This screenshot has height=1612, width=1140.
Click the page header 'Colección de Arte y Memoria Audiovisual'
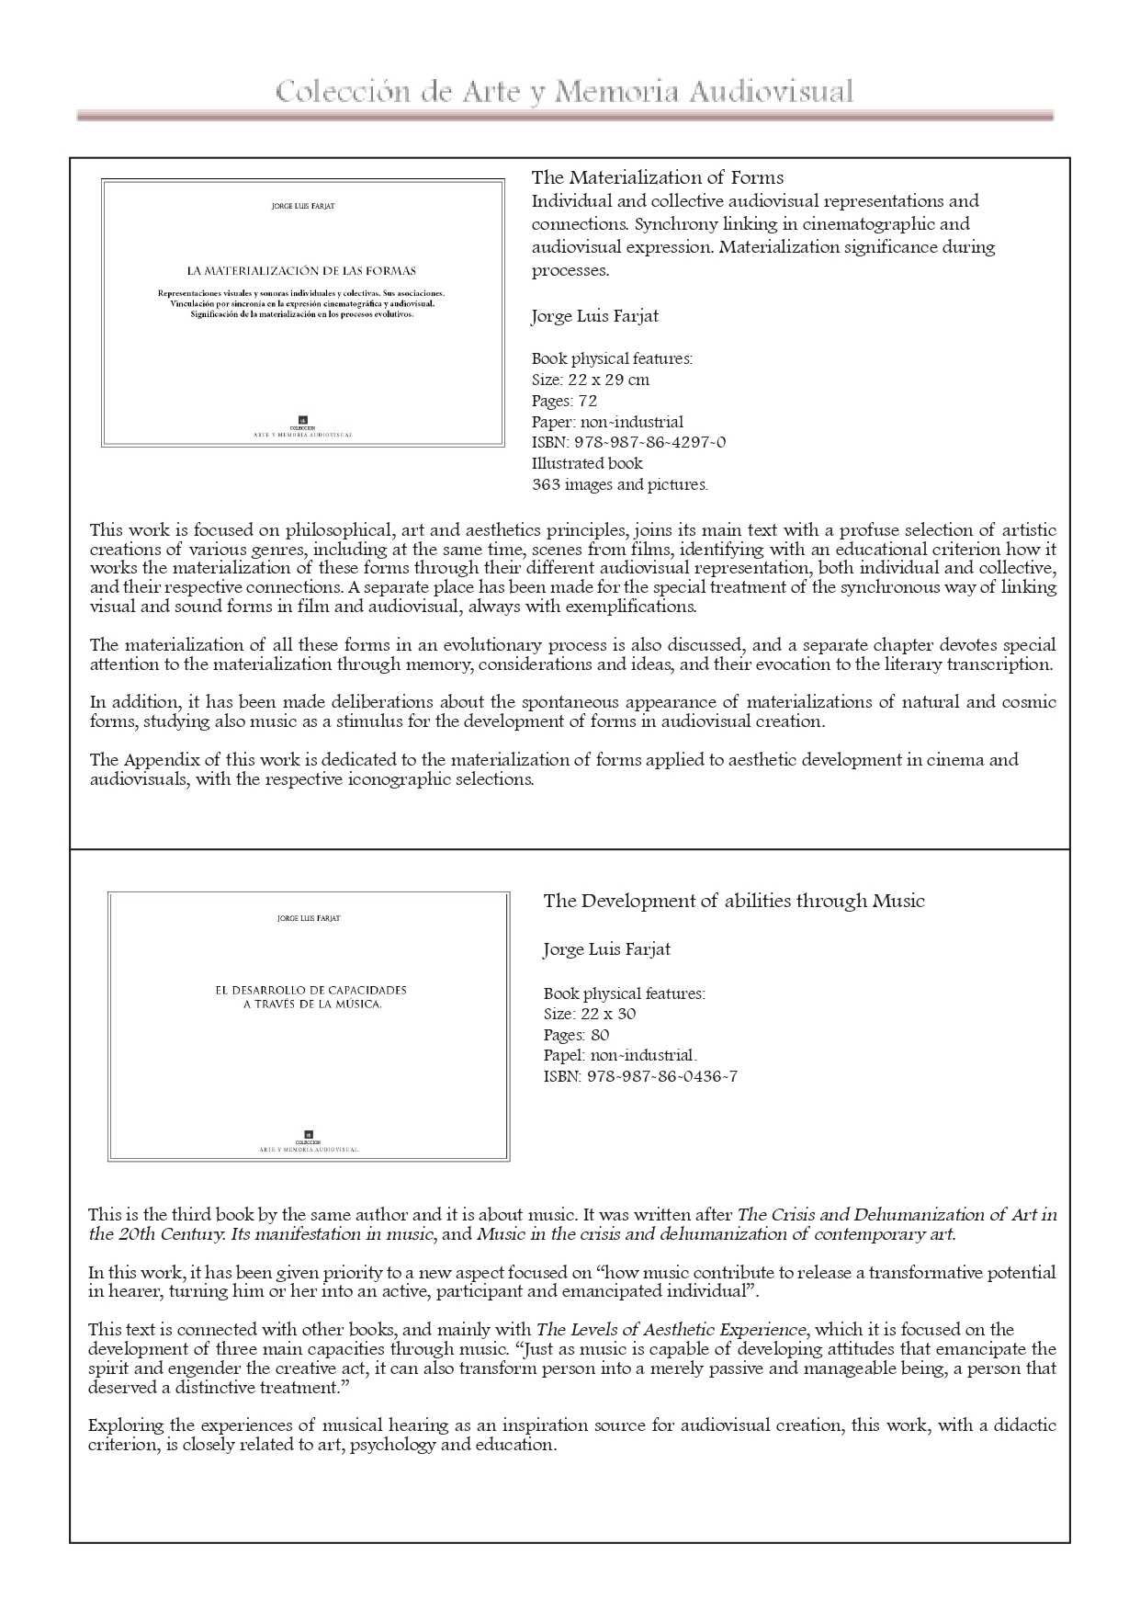coord(564,93)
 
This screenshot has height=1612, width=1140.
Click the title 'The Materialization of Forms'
coord(657,177)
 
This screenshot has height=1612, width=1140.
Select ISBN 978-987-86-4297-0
coord(628,442)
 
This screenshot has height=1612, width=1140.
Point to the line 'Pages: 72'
coord(564,401)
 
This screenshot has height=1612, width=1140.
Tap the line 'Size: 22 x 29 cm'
coord(590,380)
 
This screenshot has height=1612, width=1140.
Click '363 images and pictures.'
coord(619,484)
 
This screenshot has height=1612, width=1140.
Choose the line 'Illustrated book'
coord(587,463)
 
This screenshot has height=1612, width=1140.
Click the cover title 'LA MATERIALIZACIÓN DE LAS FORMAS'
coord(301,271)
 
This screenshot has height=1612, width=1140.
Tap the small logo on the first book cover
coord(302,420)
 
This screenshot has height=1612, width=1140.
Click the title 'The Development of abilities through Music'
coord(733,901)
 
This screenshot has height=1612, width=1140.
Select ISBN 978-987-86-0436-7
coord(640,1076)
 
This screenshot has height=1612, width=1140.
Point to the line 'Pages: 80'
coord(576,1035)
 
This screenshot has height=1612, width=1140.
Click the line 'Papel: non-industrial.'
coord(620,1055)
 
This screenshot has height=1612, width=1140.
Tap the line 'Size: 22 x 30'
coord(590,1014)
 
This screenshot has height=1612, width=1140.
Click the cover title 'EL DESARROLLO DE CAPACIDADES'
coord(310,991)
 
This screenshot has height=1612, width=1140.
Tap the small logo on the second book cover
coord(309,1134)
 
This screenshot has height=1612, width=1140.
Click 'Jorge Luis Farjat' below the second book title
coord(606,949)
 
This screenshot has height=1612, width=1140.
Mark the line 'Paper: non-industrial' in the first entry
coord(607,422)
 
